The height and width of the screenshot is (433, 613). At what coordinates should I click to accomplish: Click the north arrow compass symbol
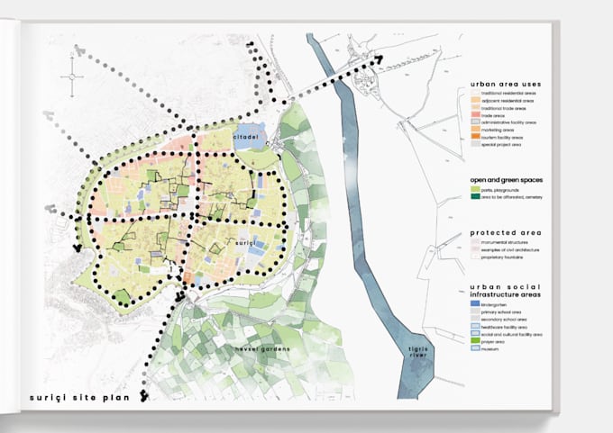[71, 77]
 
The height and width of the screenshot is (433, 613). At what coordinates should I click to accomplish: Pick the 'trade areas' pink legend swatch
[475, 114]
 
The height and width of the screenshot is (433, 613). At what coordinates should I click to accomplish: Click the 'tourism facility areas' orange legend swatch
[475, 136]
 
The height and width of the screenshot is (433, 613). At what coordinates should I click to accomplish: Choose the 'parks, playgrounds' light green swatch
[475, 189]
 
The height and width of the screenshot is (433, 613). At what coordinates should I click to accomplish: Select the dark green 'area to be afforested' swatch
[475, 197]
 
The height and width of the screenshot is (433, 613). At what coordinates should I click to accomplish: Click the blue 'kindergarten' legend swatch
[475, 304]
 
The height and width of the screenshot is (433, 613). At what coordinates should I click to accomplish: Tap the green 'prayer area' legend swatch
[475, 341]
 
